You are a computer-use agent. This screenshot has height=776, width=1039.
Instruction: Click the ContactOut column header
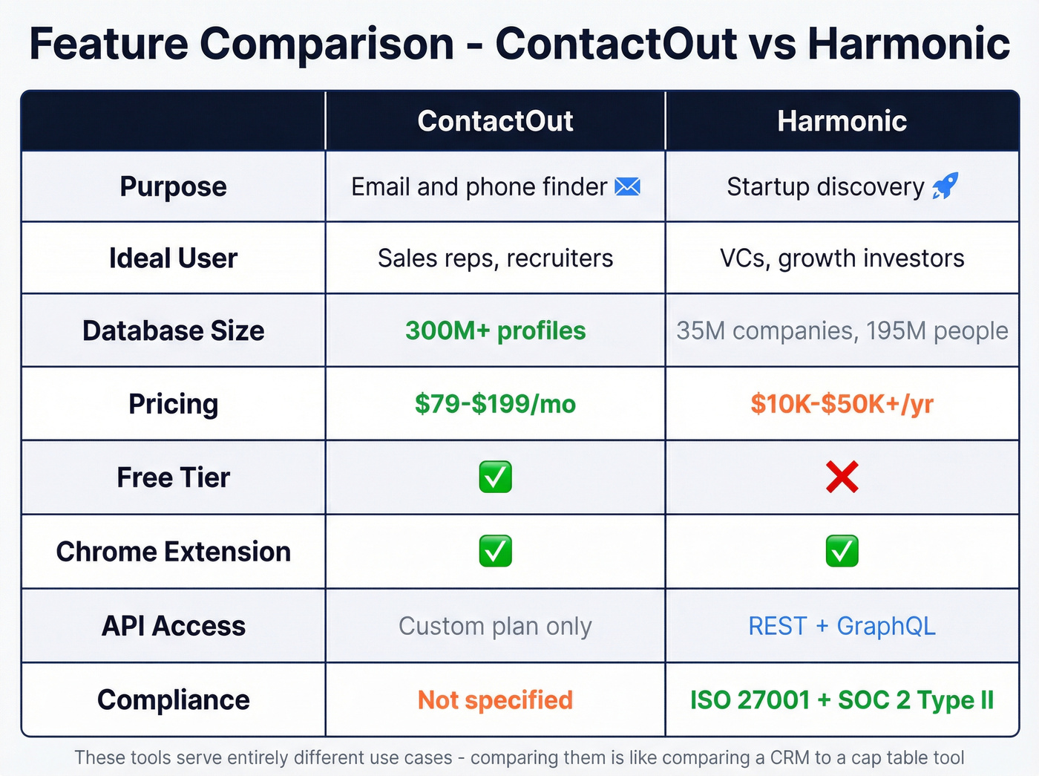[495, 121]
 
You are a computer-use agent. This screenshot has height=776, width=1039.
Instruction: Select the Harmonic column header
[842, 121]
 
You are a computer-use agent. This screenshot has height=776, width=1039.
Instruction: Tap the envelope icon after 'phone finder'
[627, 186]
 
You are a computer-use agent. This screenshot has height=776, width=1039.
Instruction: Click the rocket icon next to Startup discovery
[945, 186]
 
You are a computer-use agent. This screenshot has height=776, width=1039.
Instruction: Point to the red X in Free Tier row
[842, 477]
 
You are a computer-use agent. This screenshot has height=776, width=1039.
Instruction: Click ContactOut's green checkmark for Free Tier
[495, 477]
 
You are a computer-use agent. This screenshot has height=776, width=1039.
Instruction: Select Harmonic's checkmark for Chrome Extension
[842, 551]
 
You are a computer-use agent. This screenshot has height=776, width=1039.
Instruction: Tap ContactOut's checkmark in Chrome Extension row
[495, 551]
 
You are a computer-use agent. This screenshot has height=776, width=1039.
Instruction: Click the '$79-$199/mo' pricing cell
[495, 404]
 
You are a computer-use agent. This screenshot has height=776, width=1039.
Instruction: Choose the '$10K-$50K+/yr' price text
[842, 404]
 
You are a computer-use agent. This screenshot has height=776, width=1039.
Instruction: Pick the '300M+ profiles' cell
[495, 330]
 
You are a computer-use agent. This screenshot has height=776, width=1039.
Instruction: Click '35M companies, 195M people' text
[842, 330]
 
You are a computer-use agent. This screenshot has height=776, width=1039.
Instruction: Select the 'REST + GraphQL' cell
[842, 626]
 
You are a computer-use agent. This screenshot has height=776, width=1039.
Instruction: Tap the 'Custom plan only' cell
[495, 626]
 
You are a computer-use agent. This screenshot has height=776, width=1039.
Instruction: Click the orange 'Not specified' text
[495, 700]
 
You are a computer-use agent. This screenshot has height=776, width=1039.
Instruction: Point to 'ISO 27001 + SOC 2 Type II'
[842, 700]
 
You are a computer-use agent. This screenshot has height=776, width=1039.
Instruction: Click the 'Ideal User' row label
[173, 258]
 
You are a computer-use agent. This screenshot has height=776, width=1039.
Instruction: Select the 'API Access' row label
[173, 626]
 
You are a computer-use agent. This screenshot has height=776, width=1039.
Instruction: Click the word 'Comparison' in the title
[326, 43]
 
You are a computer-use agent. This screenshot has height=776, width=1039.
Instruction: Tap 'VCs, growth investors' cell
[842, 258]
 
